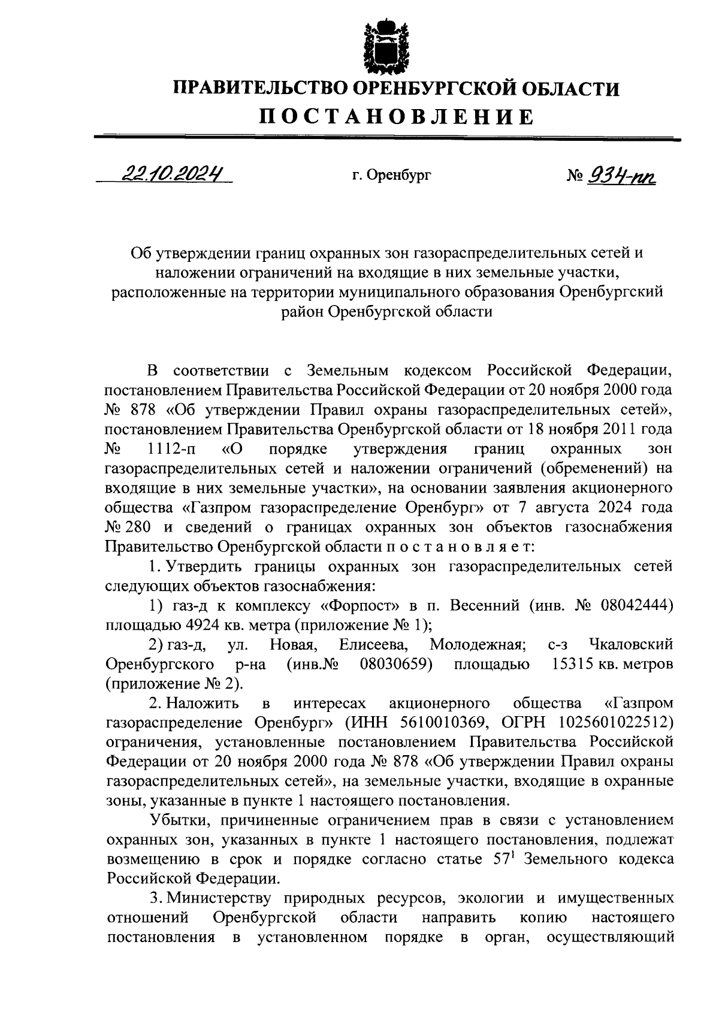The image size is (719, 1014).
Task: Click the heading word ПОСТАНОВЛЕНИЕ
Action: (x=396, y=116)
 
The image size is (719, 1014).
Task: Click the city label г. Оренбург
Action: (x=391, y=176)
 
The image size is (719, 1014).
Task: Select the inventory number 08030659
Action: (x=396, y=664)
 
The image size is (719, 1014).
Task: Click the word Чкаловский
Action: (x=631, y=644)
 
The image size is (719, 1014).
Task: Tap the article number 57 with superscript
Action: (x=503, y=859)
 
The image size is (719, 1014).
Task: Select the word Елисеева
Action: (x=373, y=644)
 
